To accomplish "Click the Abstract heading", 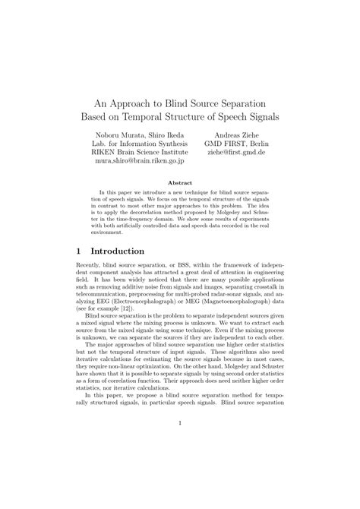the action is click(x=179, y=183).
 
